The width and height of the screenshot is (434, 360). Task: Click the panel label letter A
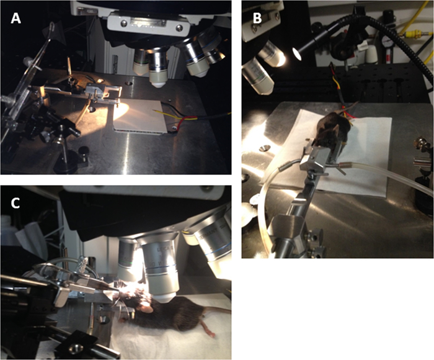[x=15, y=19]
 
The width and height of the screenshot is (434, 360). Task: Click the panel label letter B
[x=257, y=19]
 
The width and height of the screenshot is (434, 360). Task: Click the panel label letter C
[x=15, y=203]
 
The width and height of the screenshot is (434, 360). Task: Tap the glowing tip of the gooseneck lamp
[x=296, y=54]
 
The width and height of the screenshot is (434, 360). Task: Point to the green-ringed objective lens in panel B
[x=258, y=76]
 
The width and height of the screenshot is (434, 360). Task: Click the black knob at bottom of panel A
[x=82, y=151]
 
